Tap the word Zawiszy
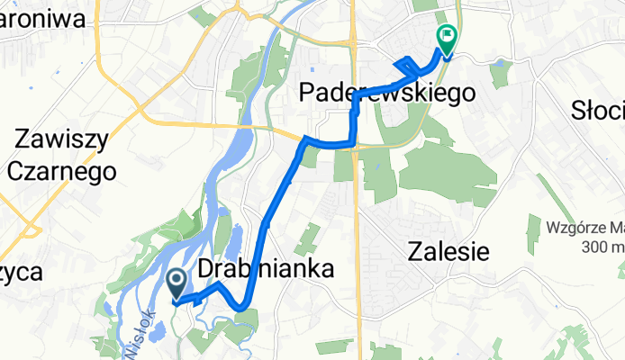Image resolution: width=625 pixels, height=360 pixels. [61, 139]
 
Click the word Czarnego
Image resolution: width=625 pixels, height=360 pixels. [61, 170]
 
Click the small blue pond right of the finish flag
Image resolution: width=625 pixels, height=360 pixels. [499, 62]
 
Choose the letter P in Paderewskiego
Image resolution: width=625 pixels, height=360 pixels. [307, 93]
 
